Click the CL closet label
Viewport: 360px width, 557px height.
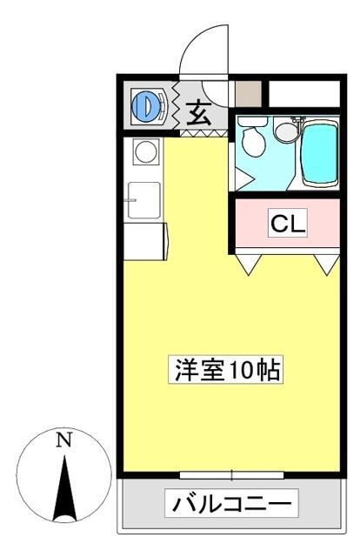coord(288,224)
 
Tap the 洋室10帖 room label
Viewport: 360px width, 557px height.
coord(226,370)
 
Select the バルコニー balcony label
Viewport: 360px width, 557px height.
coord(231,503)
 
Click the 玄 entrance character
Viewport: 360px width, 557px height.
coord(199,113)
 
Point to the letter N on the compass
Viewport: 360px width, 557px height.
coord(63,440)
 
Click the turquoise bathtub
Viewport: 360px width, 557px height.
coord(319,153)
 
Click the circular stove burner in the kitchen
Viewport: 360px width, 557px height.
coord(146,151)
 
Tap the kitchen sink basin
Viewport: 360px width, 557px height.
coord(143,200)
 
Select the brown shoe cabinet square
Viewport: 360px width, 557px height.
coord(249,93)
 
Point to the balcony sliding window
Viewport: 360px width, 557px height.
coord(231,475)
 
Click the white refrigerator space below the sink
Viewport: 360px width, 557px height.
coord(144,242)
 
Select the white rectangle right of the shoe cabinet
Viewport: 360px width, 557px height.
coord(303,94)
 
